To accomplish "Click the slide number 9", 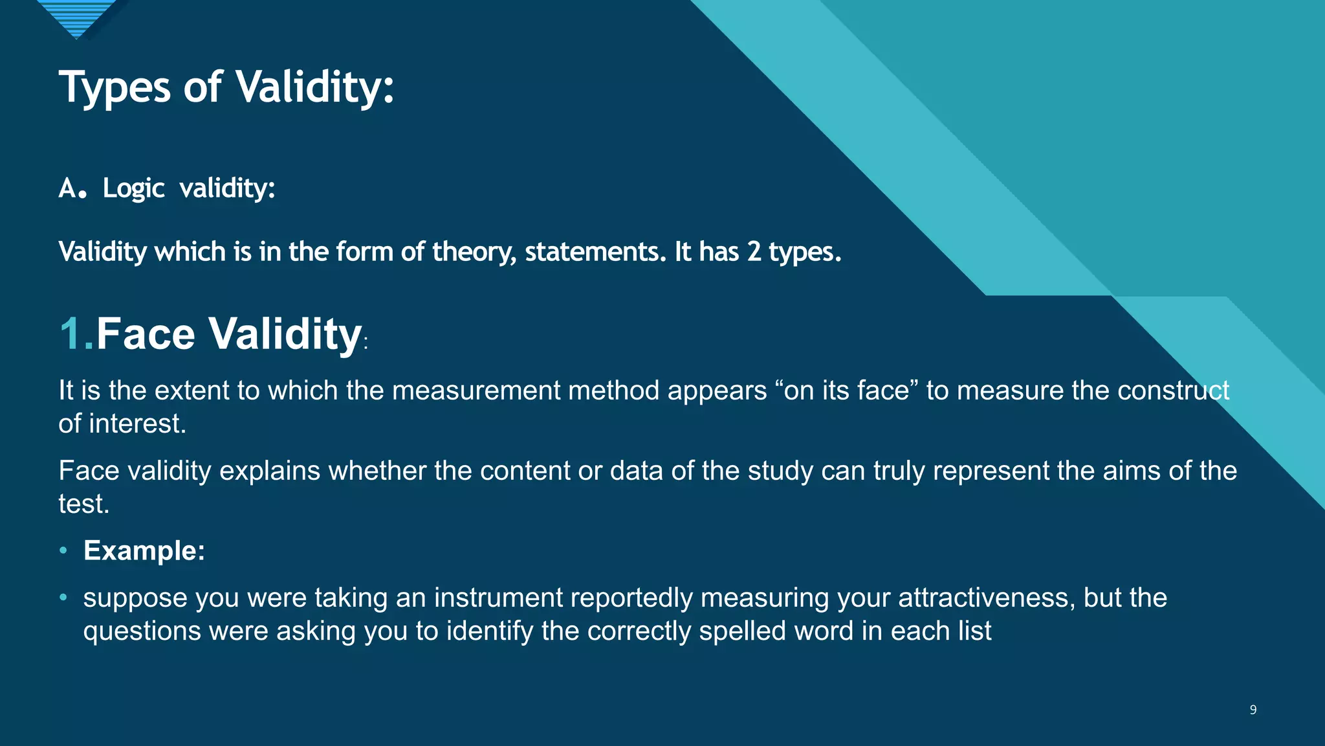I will (x=1253, y=710).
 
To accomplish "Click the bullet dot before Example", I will (x=63, y=550).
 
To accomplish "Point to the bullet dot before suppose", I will (x=63, y=597).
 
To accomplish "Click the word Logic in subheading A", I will (x=133, y=188).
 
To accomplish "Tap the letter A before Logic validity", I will (x=67, y=188).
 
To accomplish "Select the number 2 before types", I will (x=754, y=251).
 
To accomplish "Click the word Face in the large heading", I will (x=146, y=334).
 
